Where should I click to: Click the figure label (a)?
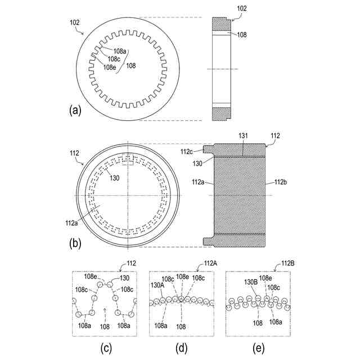[x=75, y=110]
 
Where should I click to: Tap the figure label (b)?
[x=75, y=244]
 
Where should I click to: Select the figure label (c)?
[x=106, y=348]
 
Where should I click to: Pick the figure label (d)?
[x=181, y=348]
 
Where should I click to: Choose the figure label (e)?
[x=258, y=348]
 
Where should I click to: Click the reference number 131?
[x=243, y=136]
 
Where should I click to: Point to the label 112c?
[x=186, y=151]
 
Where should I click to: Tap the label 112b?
[x=280, y=182]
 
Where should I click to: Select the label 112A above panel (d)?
[x=210, y=263]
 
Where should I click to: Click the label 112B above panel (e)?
[x=287, y=263]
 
